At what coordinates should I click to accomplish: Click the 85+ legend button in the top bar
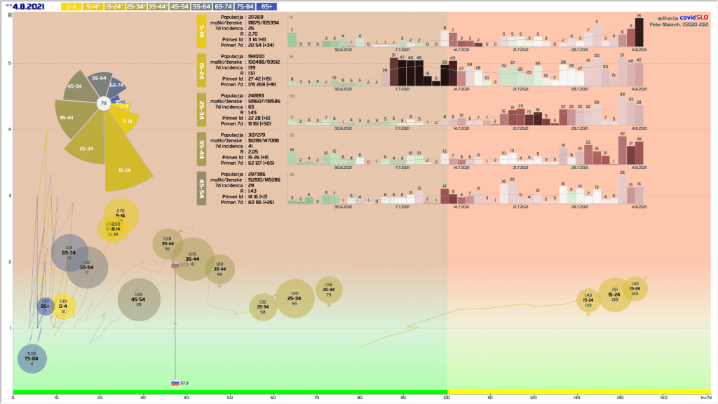click(287, 6)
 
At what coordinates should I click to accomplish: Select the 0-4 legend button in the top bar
click(71, 6)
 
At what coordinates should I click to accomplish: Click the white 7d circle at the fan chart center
click(103, 103)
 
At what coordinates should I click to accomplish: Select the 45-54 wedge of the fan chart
click(75, 87)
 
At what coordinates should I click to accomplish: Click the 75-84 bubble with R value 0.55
click(32, 358)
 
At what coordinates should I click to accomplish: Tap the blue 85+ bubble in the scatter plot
click(46, 307)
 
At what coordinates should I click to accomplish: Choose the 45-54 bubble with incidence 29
click(139, 299)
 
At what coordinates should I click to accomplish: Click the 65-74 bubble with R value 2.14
click(69, 253)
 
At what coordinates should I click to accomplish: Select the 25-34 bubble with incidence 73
click(328, 290)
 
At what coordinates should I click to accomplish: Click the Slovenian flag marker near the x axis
click(175, 383)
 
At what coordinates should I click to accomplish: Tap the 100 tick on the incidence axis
click(447, 398)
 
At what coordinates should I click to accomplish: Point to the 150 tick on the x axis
click(663, 398)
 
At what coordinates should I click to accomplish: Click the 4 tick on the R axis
click(9, 129)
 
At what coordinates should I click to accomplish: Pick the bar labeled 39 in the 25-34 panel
click(622, 111)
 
